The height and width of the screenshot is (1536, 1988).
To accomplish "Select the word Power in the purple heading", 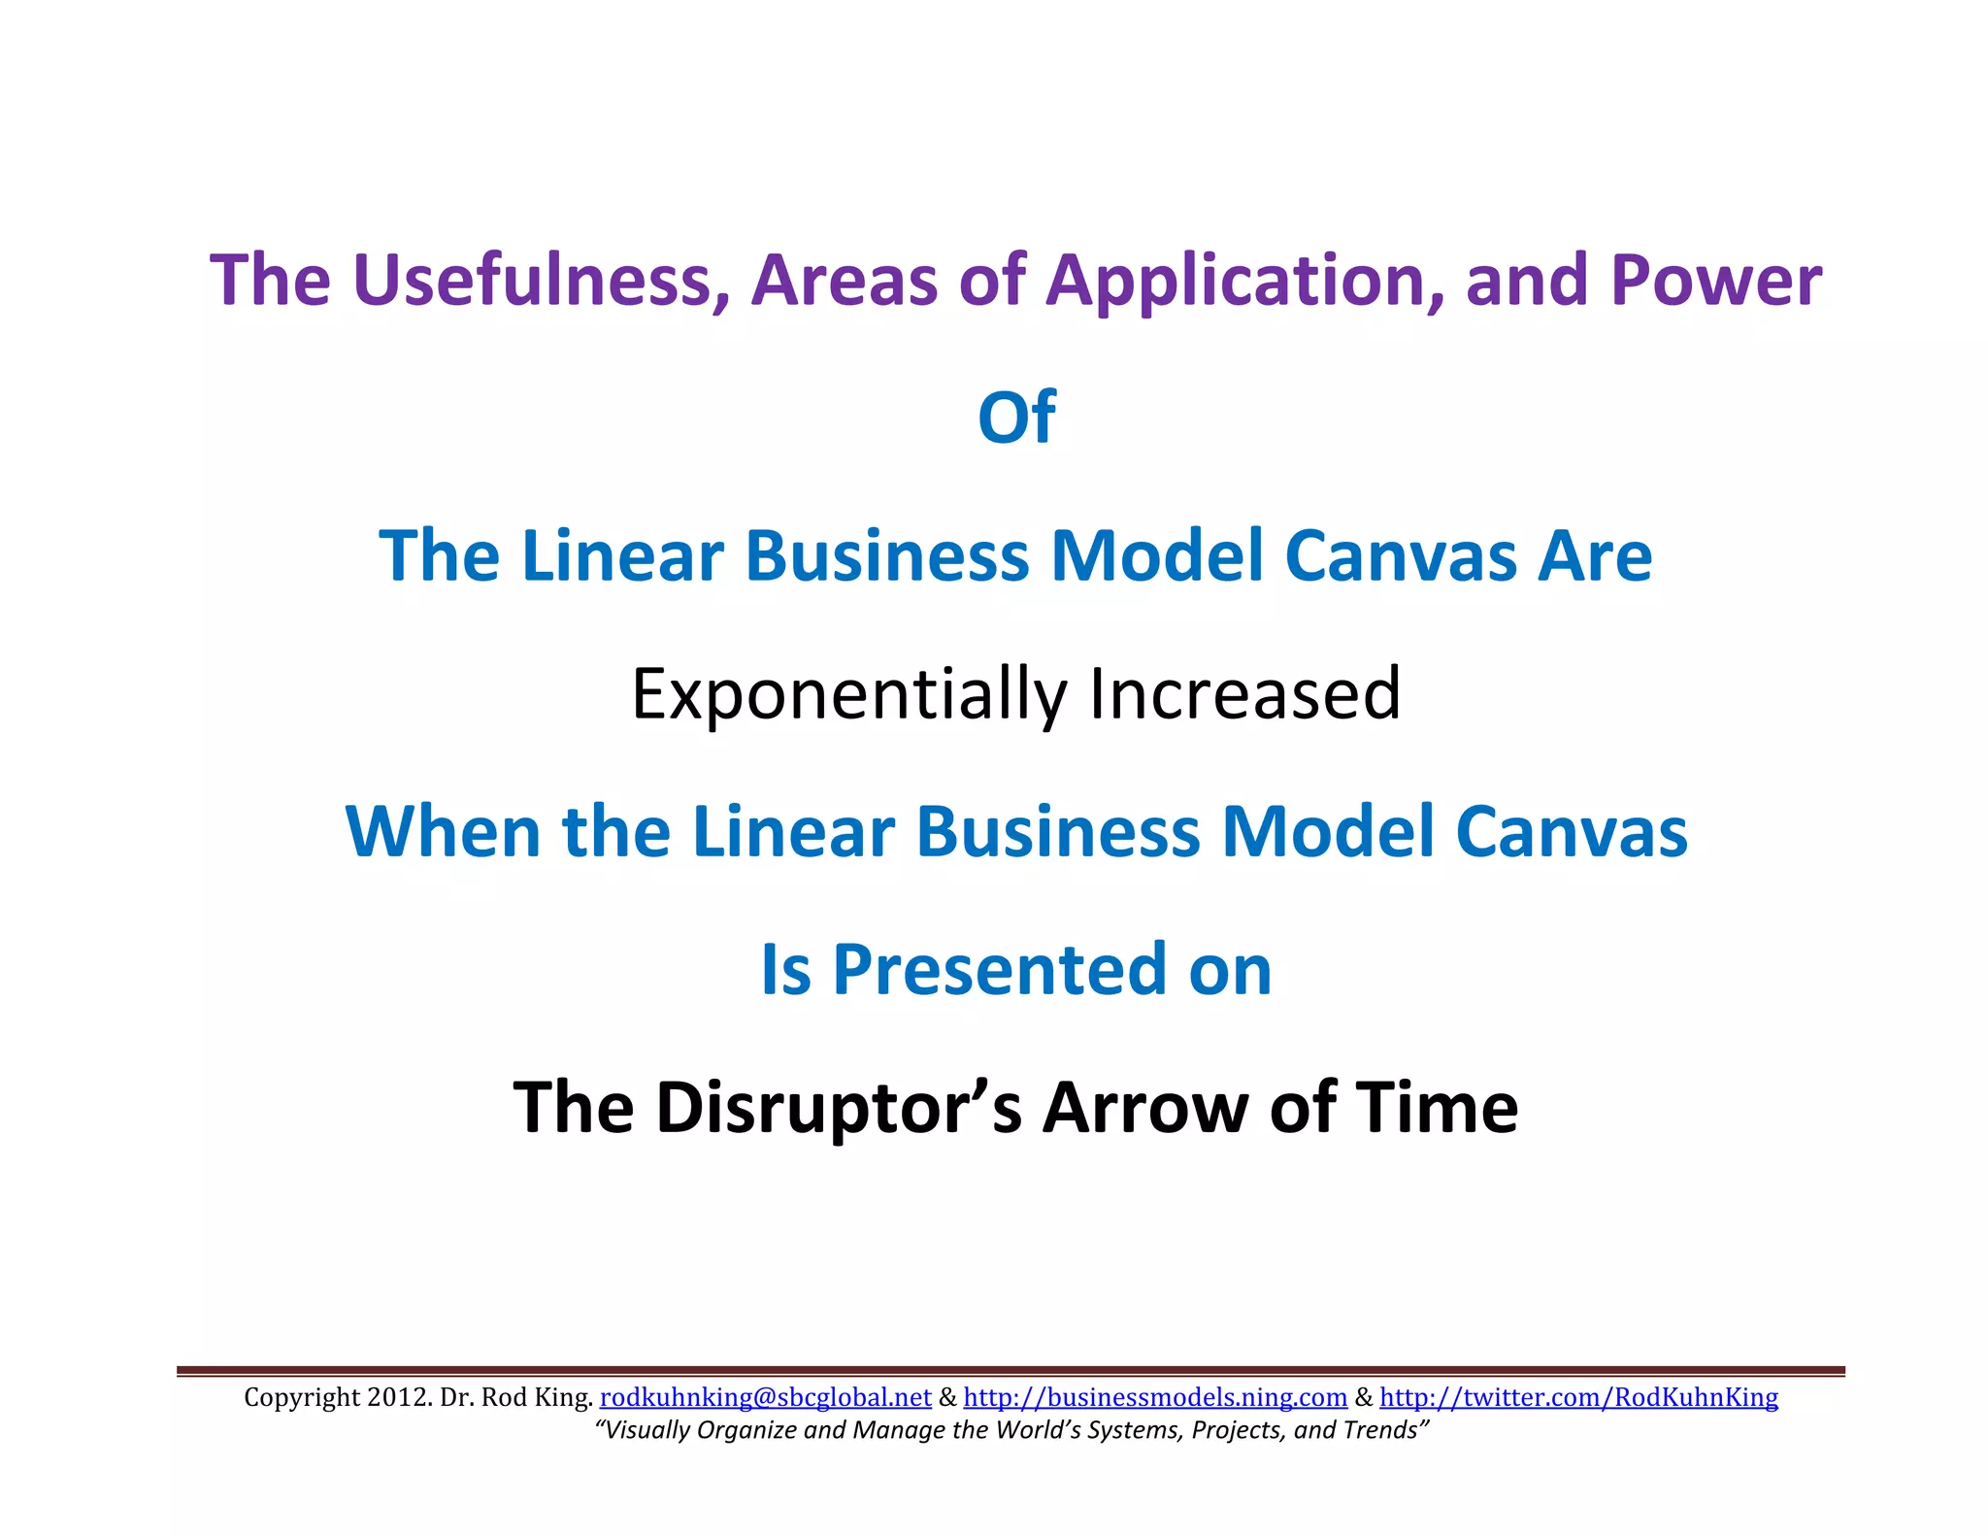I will point(1715,282).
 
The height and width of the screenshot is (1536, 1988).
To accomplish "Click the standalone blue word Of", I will point(1016,418).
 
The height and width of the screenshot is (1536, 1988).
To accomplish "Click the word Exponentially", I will point(849,695).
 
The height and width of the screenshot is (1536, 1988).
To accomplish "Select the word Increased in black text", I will point(1245,695).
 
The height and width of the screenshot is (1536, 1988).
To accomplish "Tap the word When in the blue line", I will point(443,832).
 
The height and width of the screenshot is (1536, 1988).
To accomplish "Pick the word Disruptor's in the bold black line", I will point(839,1108).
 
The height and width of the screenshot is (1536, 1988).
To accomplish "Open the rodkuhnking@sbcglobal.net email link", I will point(766,1397).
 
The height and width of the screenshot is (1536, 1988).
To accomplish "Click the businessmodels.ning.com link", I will point(1155,1397).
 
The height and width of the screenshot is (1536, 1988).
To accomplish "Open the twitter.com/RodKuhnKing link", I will point(1578,1397).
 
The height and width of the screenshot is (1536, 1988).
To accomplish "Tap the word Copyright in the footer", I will point(301,1397).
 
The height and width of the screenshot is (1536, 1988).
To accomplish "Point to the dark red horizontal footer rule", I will point(1010,1371).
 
